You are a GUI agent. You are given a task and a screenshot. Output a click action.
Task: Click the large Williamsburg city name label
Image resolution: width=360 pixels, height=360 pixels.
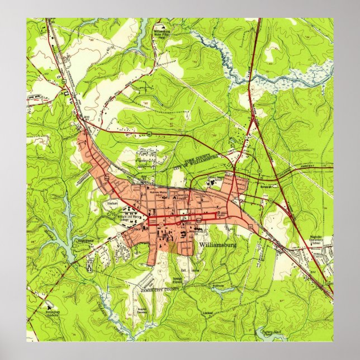(x=217, y=245)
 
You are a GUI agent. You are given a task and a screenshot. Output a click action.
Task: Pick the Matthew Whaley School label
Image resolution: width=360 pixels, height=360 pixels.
(x=158, y=193)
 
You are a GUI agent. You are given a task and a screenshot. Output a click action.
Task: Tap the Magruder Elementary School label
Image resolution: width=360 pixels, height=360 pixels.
(x=316, y=240)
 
